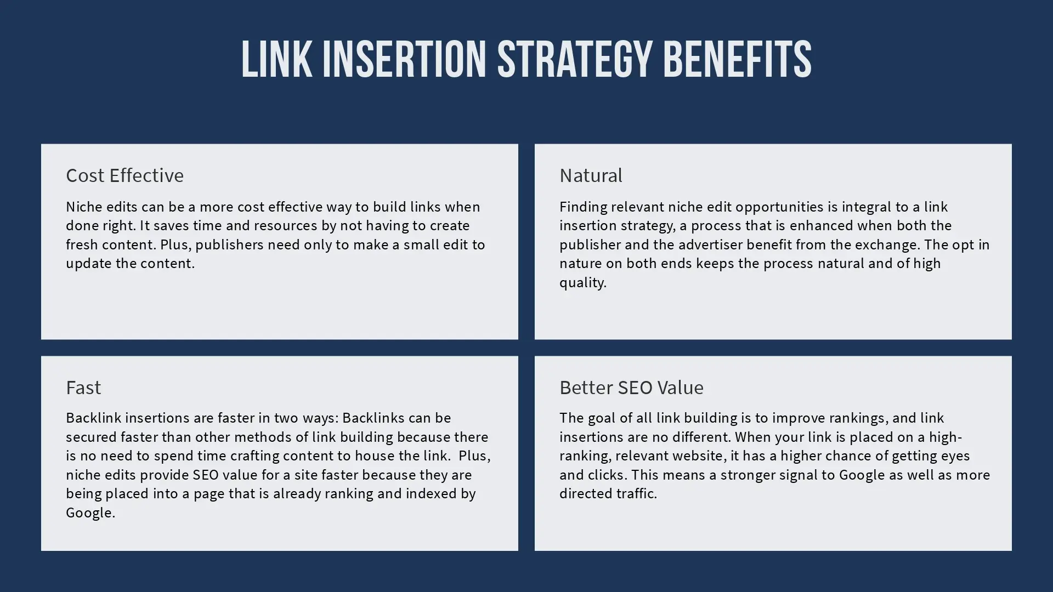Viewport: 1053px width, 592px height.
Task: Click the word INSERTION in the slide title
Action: [404, 59]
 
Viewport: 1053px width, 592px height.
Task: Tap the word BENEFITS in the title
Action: [737, 59]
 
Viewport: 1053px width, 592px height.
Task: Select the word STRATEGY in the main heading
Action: [574, 59]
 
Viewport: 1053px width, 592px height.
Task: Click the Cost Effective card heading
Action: [124, 175]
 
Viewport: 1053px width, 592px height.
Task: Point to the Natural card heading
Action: [591, 175]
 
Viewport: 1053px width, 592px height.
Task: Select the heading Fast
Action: [83, 388]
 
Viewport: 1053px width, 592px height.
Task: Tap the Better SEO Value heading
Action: [631, 388]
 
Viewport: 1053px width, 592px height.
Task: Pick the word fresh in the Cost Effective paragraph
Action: [81, 244]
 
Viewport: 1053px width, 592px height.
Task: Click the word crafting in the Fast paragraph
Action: [257, 456]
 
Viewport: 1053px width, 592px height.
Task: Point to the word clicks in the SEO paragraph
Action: [607, 475]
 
